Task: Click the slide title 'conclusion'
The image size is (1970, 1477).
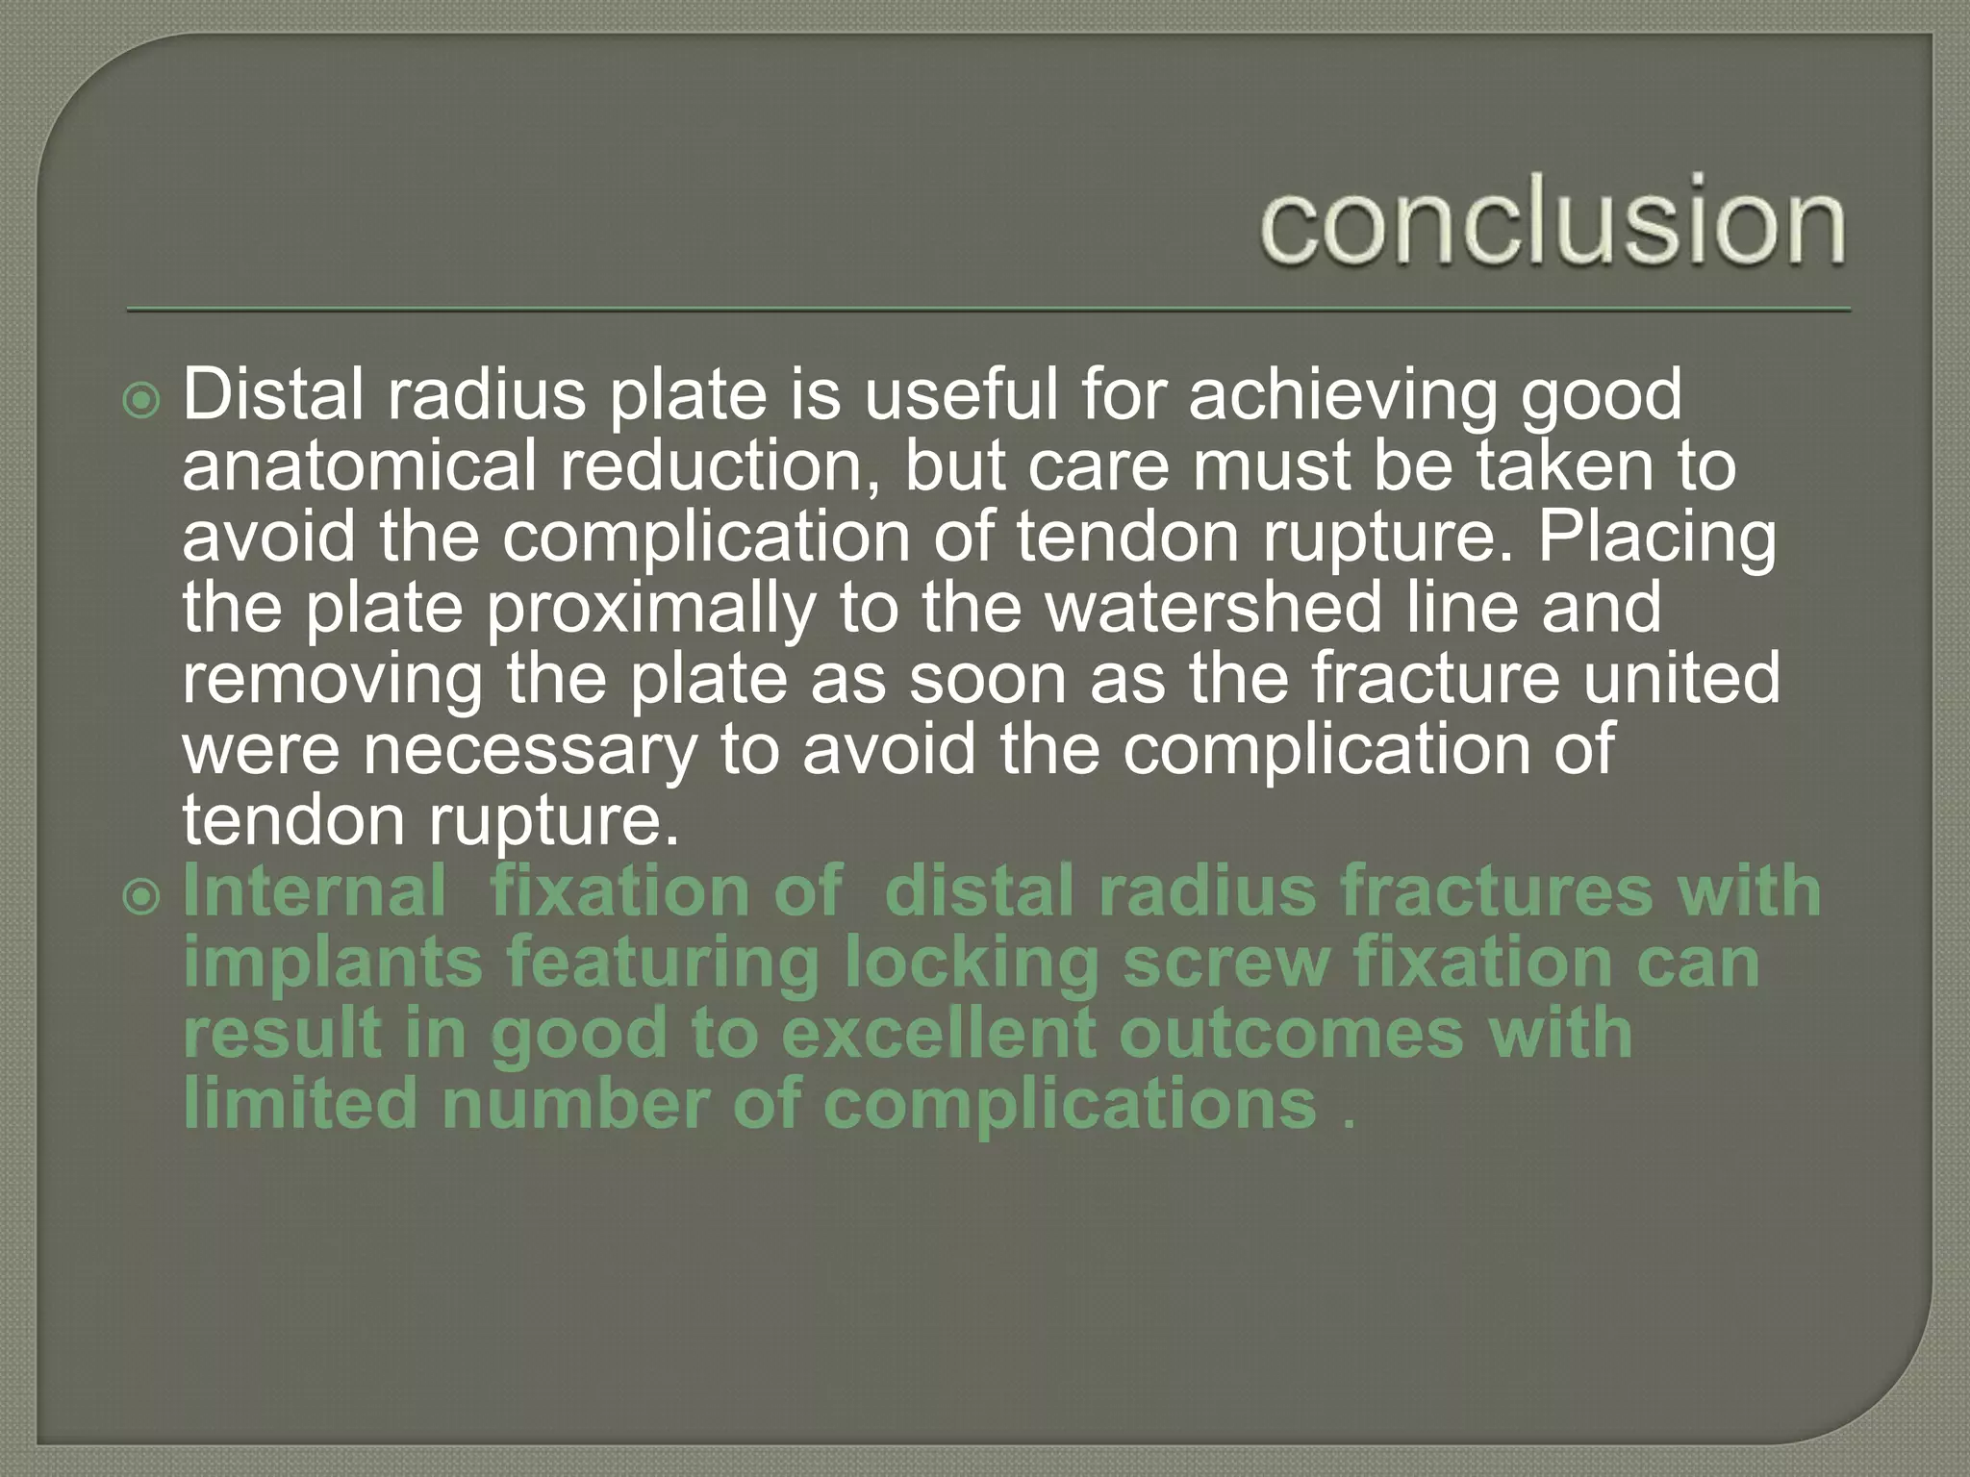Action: (x=1553, y=221)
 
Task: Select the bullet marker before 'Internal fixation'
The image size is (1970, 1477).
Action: (x=142, y=897)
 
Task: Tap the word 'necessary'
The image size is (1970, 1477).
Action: (x=529, y=750)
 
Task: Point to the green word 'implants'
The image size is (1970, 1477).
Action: (x=332, y=964)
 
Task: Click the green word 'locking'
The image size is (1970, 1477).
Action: (x=972, y=964)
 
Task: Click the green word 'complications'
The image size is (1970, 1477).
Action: (x=1070, y=1106)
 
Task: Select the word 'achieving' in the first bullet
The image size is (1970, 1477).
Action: (x=1343, y=395)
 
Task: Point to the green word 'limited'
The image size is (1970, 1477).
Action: (x=300, y=1104)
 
